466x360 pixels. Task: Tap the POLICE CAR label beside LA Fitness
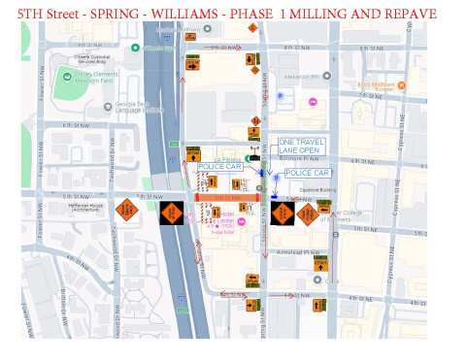[x=219, y=167]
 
